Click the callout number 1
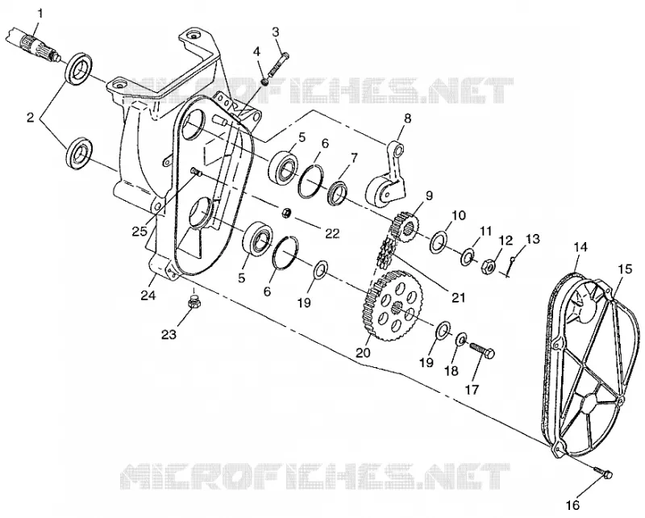(x=40, y=13)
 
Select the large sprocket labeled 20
(x=393, y=305)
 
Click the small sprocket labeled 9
(x=406, y=227)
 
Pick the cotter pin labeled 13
(x=510, y=266)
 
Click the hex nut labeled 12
(x=488, y=265)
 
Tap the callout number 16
(x=573, y=505)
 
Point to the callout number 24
(x=148, y=295)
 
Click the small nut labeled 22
(x=286, y=213)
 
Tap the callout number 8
(x=407, y=119)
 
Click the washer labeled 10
(x=438, y=242)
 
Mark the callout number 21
(x=458, y=297)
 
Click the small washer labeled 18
(x=460, y=340)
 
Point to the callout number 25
(x=139, y=232)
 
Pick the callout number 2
(x=30, y=118)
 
